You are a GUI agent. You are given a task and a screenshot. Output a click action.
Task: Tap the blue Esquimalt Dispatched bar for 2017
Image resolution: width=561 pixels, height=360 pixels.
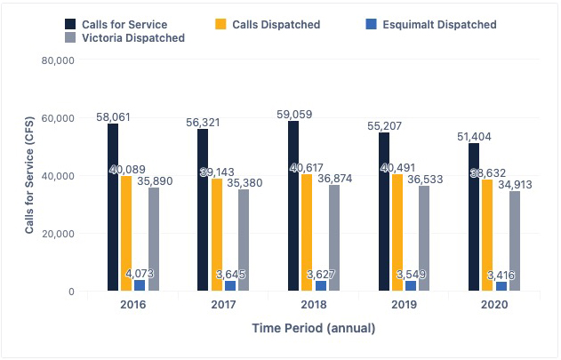[x=230, y=285]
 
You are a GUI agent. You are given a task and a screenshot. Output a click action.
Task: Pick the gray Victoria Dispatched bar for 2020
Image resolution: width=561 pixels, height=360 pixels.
[x=515, y=241]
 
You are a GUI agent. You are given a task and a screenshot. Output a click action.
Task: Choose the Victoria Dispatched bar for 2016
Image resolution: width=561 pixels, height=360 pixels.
[x=154, y=239]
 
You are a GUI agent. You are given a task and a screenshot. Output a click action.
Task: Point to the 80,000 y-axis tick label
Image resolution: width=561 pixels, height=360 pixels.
[x=57, y=60]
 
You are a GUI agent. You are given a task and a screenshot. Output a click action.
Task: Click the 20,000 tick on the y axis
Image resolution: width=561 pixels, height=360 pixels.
[x=57, y=234]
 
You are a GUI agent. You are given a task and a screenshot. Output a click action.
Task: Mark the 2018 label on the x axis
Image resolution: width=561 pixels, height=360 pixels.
[x=314, y=305]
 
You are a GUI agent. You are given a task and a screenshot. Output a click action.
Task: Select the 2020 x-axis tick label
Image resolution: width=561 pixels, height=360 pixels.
[x=494, y=305]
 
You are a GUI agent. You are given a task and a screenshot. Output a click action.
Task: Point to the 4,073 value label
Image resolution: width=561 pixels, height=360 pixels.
[x=140, y=274]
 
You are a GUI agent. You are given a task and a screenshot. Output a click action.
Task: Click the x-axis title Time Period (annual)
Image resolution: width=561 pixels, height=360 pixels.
[x=314, y=328]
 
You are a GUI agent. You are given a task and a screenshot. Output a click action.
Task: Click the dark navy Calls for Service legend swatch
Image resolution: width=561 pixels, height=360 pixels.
[x=71, y=25]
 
